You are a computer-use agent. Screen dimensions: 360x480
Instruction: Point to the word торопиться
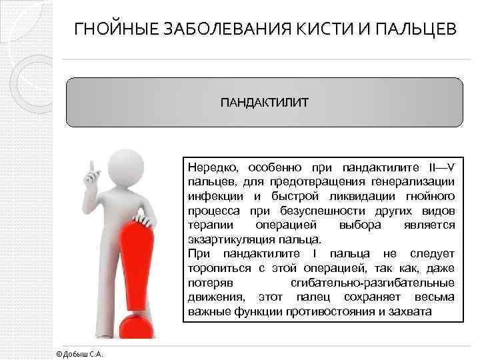(x=217, y=268)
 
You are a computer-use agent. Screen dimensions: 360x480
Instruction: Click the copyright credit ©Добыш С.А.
(x=79, y=353)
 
